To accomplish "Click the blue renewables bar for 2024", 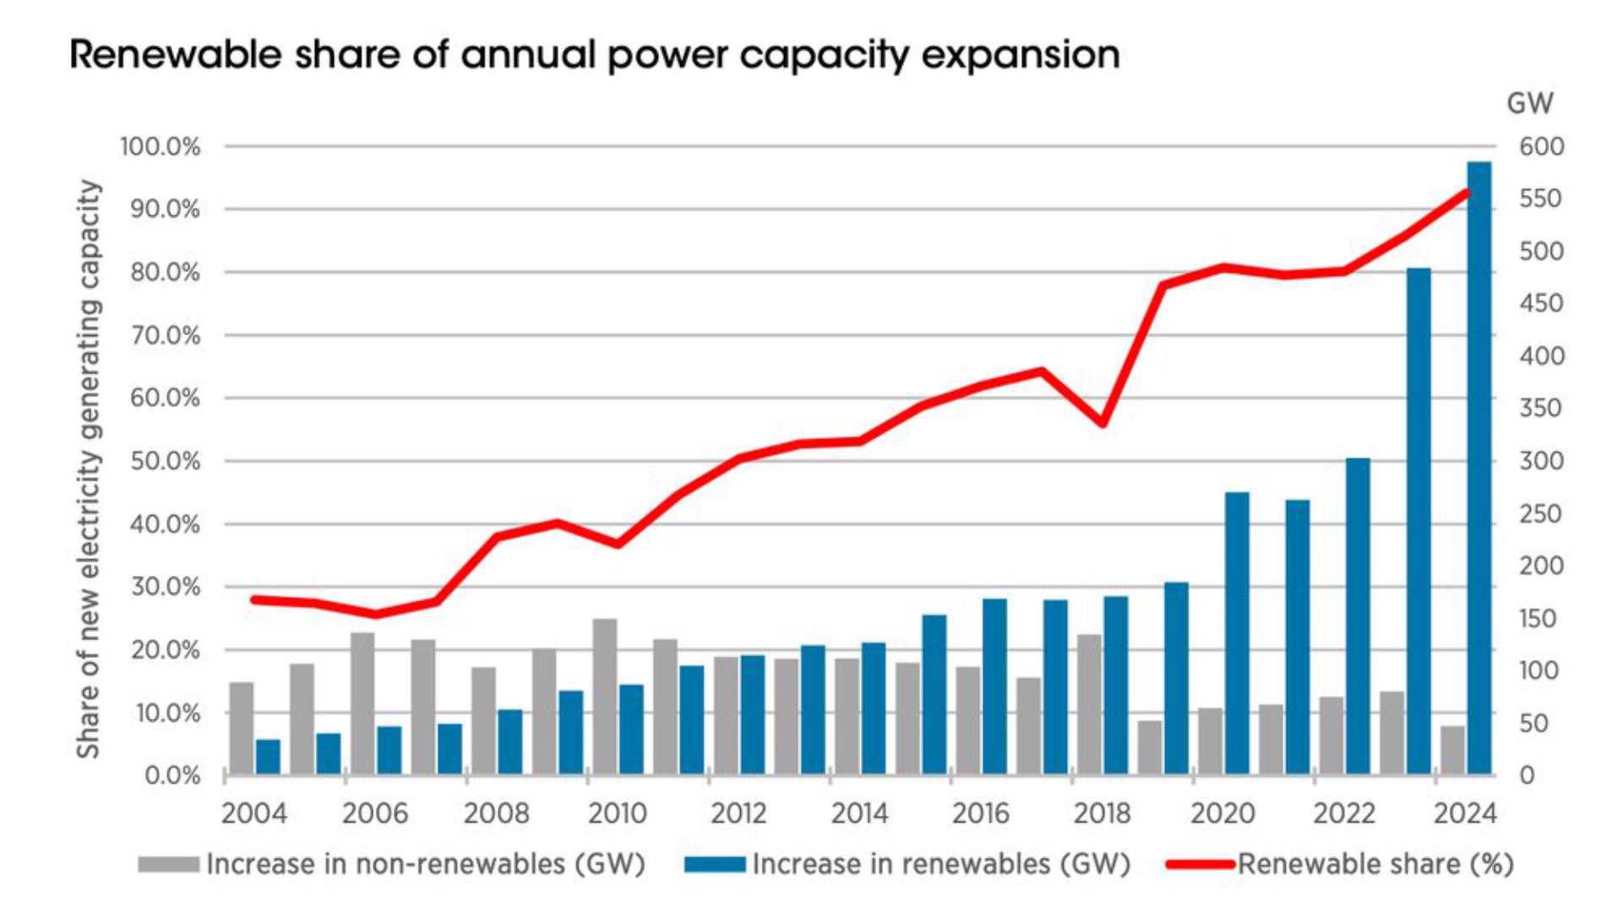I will click(1478, 469).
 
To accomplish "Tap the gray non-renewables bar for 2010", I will click(605, 697).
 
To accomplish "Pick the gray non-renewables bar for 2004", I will click(242, 728).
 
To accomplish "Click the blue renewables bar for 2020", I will click(1237, 633).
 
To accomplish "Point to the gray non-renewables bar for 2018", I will click(1089, 704).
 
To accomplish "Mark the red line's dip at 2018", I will click(1102, 422).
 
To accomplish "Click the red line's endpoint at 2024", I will click(1467, 193).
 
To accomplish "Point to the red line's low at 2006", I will click(376, 614).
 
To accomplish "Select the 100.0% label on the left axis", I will click(161, 147).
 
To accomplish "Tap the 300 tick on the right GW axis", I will click(1541, 461).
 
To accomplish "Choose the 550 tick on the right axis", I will click(1541, 199).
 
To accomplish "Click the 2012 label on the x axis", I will click(738, 813).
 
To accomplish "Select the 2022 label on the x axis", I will click(1343, 813).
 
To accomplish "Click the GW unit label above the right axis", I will click(1529, 103).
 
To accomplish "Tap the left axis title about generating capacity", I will click(89, 469).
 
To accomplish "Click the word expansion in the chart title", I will click(1021, 55).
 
